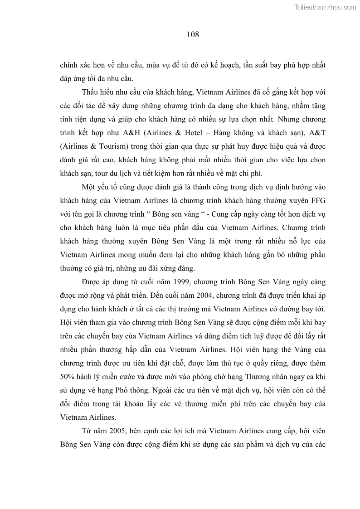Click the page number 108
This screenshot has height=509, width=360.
pos(193,34)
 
